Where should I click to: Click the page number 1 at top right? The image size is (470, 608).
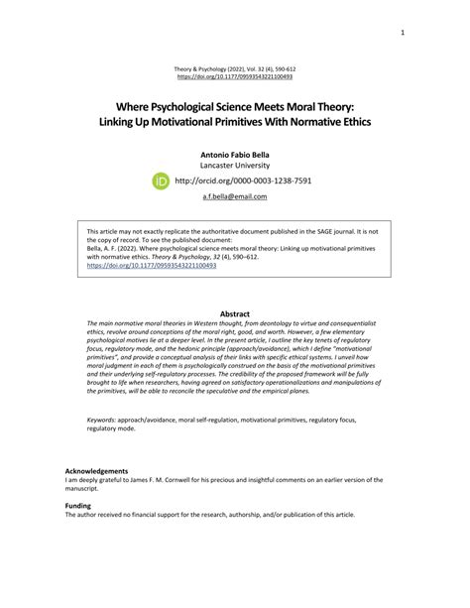403,32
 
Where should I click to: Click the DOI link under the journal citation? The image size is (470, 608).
234,75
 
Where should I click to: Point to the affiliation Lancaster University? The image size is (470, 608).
234,167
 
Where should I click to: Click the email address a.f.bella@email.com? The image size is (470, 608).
234,197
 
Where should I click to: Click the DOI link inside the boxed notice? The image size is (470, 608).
138,266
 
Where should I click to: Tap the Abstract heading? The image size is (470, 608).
234,313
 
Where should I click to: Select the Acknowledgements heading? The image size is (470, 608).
96,470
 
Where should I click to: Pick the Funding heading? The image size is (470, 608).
78,506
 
